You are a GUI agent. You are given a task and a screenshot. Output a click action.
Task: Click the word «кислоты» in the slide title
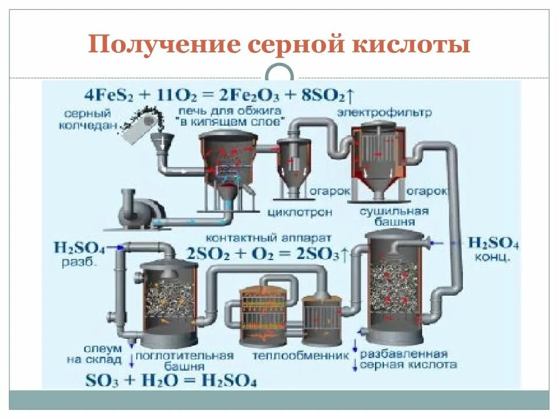[418, 45]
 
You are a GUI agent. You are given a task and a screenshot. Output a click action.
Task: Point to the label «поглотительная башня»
[188, 361]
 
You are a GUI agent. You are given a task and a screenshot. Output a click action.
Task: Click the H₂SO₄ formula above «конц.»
[494, 243]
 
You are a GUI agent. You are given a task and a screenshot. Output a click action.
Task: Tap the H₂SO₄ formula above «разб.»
[79, 249]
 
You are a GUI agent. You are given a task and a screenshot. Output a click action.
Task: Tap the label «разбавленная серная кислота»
[408, 359]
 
